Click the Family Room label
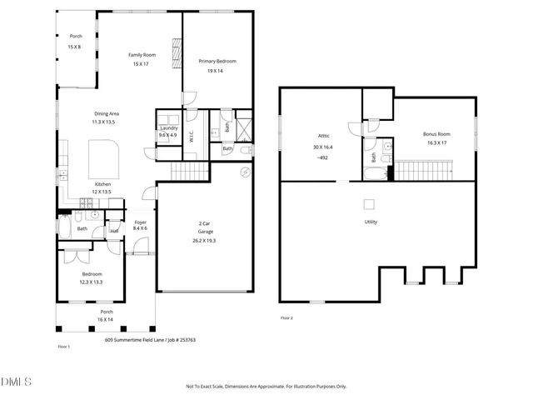140,55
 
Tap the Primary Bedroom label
215,62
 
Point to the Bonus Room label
436,133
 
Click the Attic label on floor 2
324,136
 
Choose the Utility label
371,222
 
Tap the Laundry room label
167,127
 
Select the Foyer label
140,222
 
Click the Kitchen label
102,183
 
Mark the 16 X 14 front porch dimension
105,319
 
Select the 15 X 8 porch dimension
75,47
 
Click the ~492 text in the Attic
324,157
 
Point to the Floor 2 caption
286,318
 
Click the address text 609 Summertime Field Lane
134,340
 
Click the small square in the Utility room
369,203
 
